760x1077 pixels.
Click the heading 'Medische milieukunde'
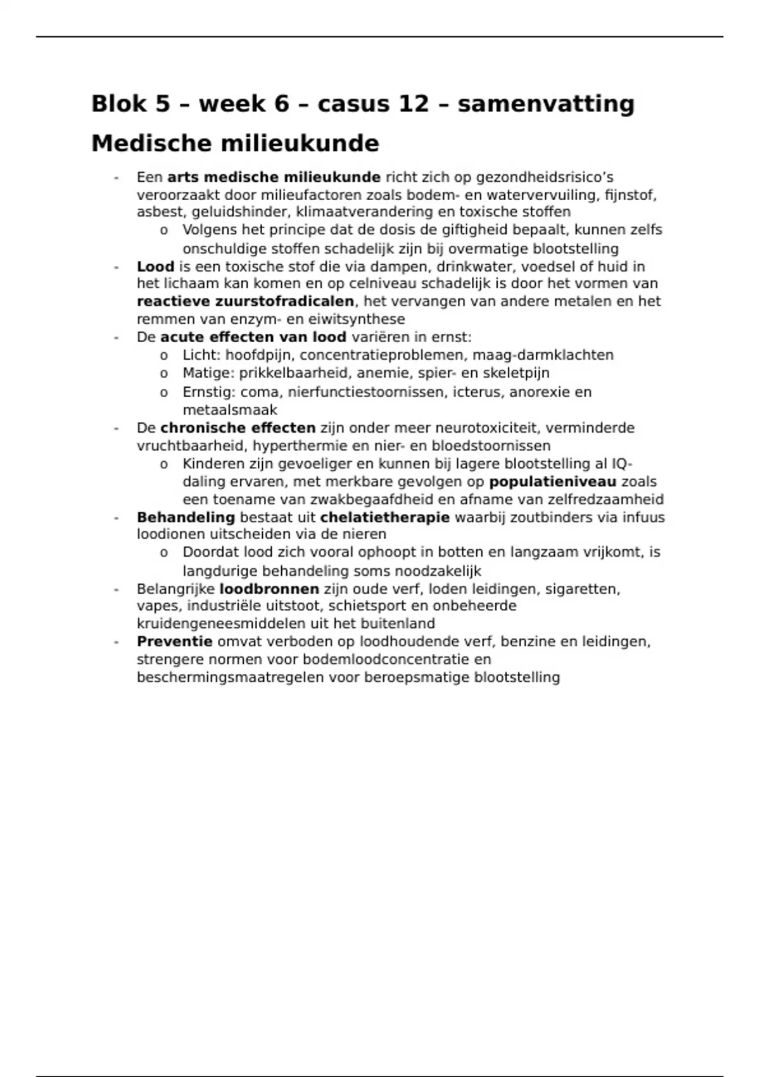[x=235, y=143]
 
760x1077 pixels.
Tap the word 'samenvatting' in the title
[x=546, y=103]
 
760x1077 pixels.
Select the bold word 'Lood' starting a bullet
[x=155, y=266]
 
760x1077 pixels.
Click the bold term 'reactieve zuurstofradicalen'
[x=245, y=301]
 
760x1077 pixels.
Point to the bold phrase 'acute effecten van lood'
[x=253, y=337]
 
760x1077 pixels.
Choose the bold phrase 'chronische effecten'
[x=237, y=428]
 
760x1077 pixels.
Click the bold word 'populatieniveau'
[x=552, y=481]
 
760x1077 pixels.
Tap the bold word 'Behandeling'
[x=186, y=517]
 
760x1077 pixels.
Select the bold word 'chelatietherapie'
[x=384, y=517]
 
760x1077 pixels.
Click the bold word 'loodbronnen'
[x=269, y=589]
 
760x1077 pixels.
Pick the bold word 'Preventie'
[x=174, y=641]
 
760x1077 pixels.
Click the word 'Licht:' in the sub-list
[x=202, y=355]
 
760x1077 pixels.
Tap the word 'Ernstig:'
[x=209, y=392]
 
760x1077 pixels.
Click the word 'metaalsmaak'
[x=230, y=410]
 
